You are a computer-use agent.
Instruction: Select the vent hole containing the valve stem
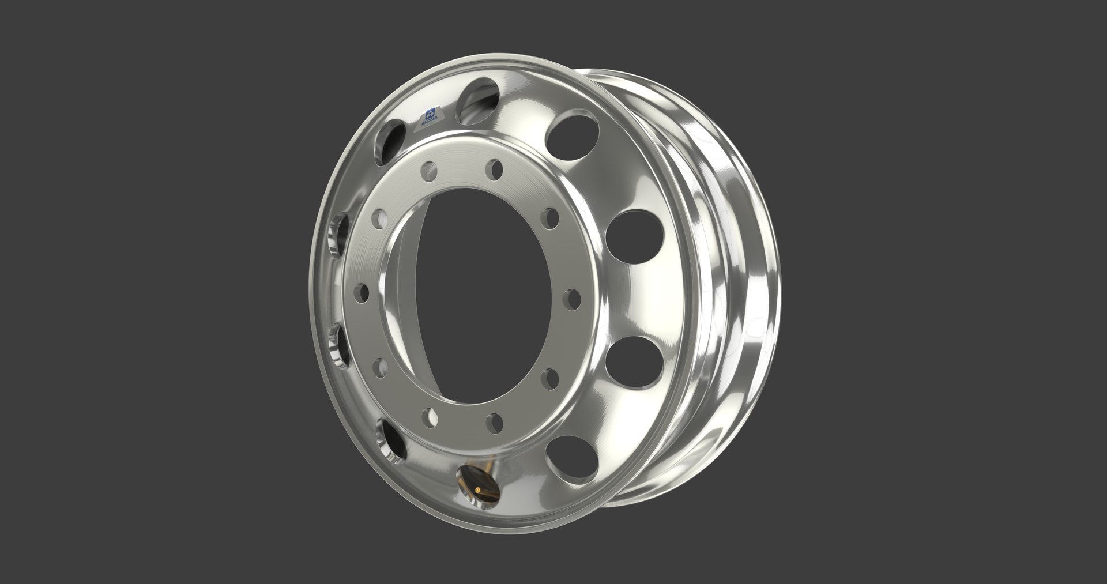click(476, 472)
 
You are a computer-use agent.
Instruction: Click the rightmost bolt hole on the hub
click(571, 299)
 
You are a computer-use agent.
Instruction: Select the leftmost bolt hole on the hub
click(363, 291)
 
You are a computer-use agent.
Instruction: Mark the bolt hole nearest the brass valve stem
click(430, 416)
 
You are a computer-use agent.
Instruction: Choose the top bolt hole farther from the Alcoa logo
click(494, 169)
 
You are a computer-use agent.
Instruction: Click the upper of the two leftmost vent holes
click(340, 236)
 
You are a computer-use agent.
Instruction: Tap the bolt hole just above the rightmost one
click(552, 218)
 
